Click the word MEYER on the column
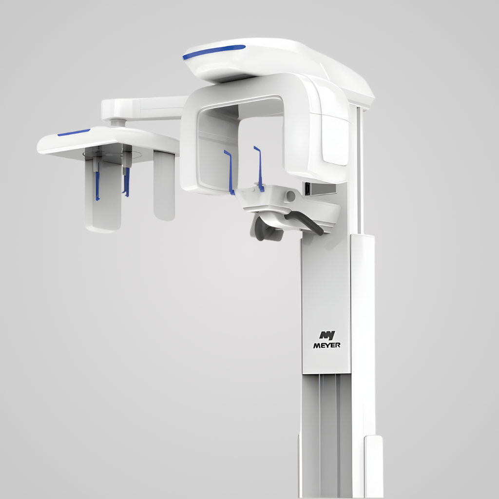[x=326, y=345]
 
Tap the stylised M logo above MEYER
[x=326, y=336]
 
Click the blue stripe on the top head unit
[x=214, y=52]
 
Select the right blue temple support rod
[x=259, y=168]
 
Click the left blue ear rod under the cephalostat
[x=97, y=185]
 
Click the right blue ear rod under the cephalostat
[x=127, y=183]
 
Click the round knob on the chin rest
[x=290, y=196]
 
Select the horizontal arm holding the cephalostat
[x=144, y=108]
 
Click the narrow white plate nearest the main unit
[x=164, y=185]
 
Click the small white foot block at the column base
[x=373, y=465]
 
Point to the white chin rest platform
[x=292, y=207]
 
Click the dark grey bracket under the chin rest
[x=266, y=229]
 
